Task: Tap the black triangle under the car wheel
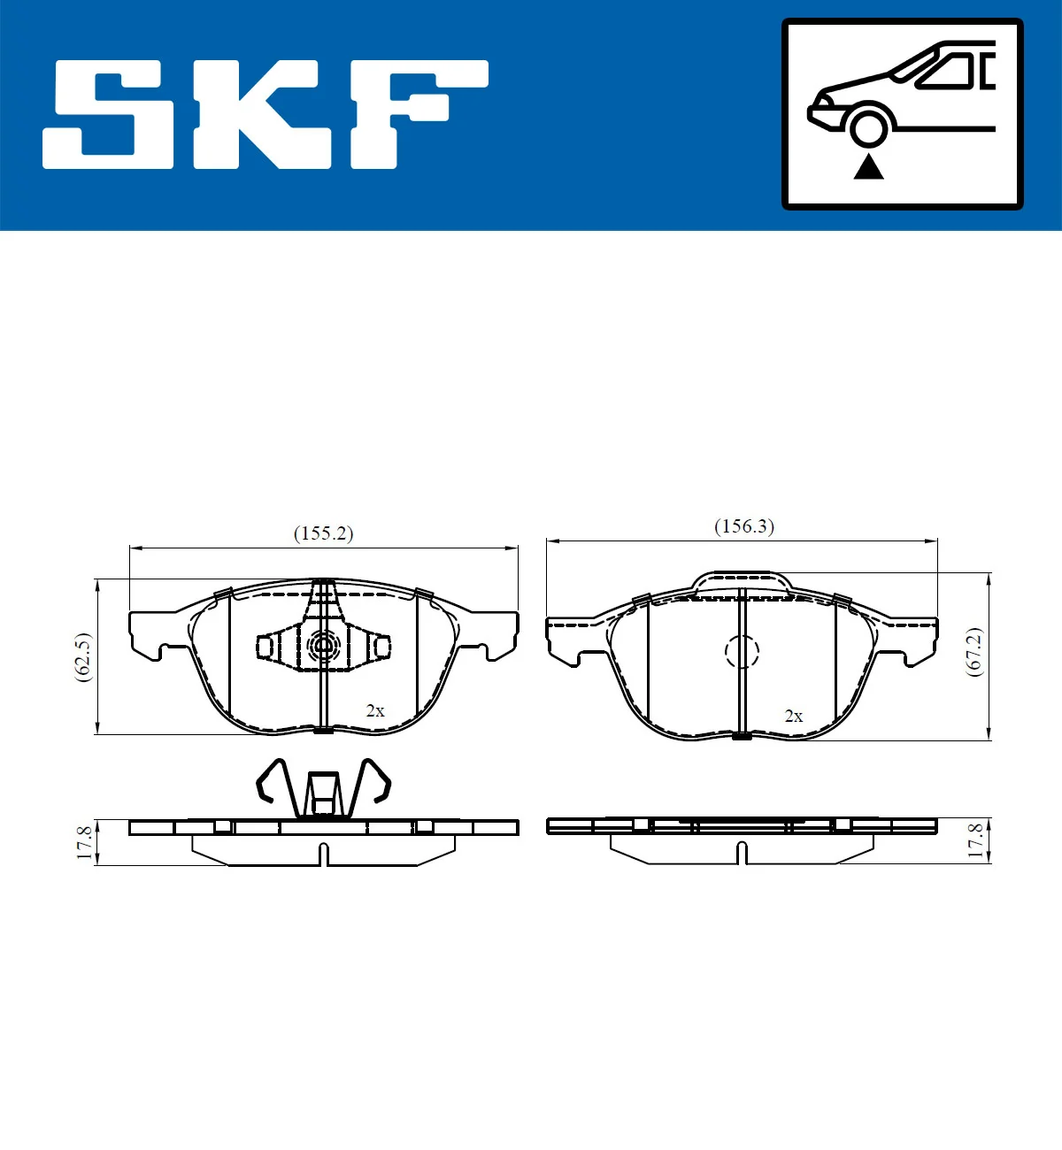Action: tap(868, 166)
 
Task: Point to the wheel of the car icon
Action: tap(868, 126)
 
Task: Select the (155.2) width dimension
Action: tap(323, 533)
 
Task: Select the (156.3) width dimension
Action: tap(743, 526)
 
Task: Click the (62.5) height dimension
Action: tap(82, 655)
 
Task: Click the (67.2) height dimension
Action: tap(973, 652)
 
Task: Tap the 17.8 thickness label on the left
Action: tap(84, 842)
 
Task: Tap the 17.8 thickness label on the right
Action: tap(974, 840)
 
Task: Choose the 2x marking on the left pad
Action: tap(375, 710)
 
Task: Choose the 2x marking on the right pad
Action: tap(793, 716)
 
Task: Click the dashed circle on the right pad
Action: tap(742, 652)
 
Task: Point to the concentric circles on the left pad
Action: tap(323, 647)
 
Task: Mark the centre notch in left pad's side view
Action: tap(324, 855)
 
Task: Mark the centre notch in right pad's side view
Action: tap(742, 853)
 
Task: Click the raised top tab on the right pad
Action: tap(742, 581)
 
